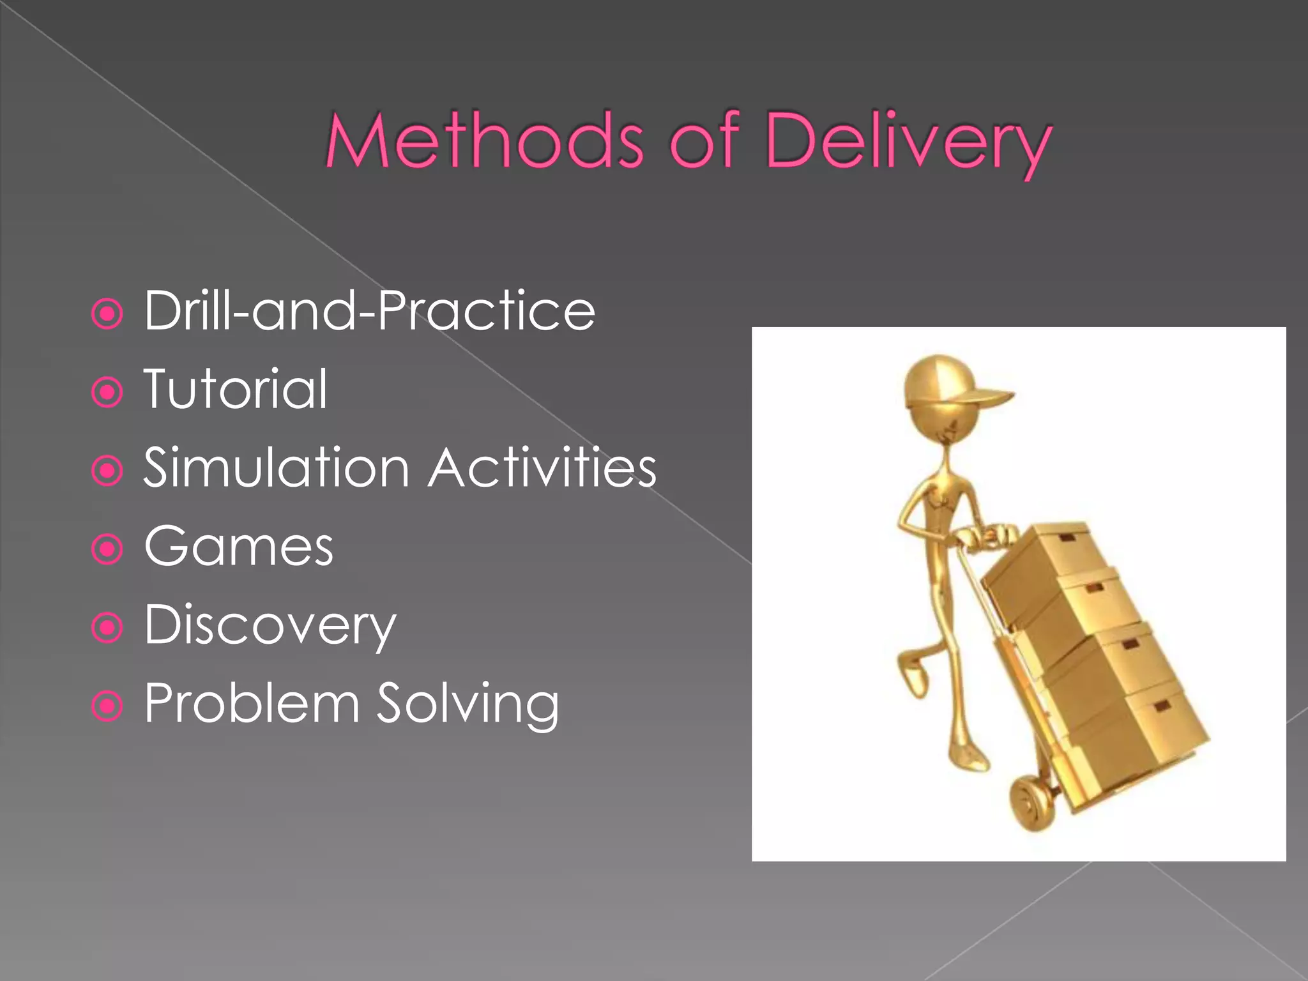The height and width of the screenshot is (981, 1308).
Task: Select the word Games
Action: tap(238, 547)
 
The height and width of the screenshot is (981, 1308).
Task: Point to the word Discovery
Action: tap(270, 626)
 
